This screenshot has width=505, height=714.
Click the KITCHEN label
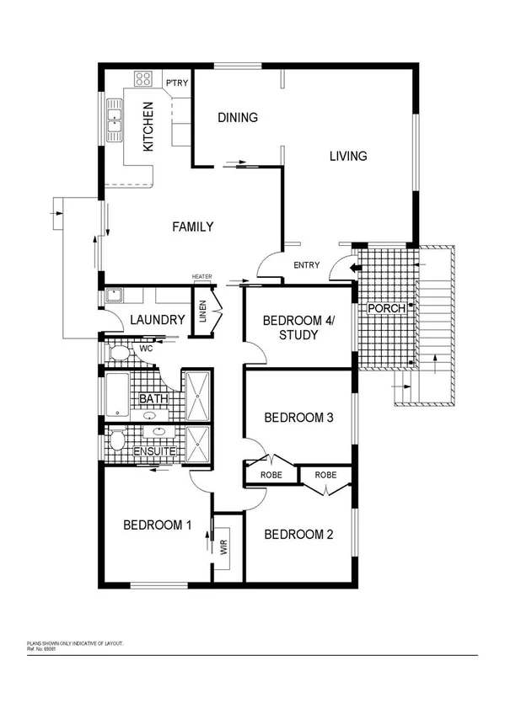point(148,125)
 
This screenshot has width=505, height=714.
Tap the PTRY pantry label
point(176,83)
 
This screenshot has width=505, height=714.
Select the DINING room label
point(238,117)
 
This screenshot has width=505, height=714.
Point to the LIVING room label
point(348,156)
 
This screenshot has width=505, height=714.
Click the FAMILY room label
point(192,226)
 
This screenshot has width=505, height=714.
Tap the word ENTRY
point(306,266)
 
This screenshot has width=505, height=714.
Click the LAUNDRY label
point(158,320)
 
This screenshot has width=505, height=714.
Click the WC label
point(145,348)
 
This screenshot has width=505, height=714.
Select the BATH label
point(153,398)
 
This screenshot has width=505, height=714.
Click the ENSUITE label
point(155,452)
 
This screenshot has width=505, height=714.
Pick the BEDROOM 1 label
point(158,525)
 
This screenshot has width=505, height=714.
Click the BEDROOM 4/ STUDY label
point(297,328)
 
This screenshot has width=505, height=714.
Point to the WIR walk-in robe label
point(224,548)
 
